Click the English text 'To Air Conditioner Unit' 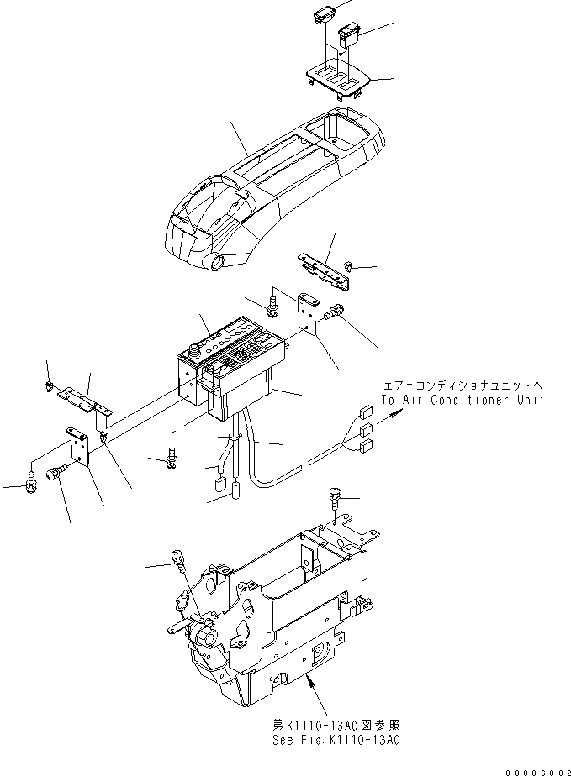pyautogui.click(x=462, y=401)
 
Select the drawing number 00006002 pyautogui.click(x=535, y=767)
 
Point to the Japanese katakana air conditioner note pyautogui.click(x=462, y=385)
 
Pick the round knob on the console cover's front pyautogui.click(x=219, y=262)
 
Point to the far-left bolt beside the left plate pyautogui.click(x=32, y=483)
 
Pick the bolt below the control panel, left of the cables pyautogui.click(x=173, y=455)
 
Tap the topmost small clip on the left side pyautogui.click(x=49, y=386)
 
